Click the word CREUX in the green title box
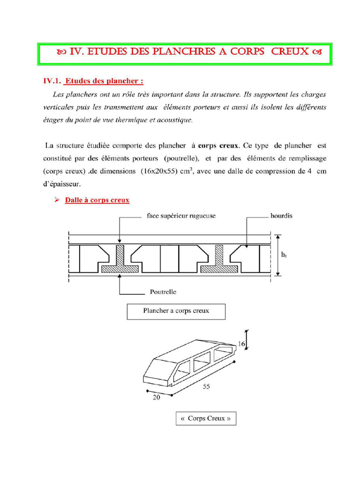(x=289, y=52)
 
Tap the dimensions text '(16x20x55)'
(x=157, y=172)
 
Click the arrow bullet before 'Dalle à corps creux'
(x=56, y=200)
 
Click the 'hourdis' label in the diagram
(x=281, y=217)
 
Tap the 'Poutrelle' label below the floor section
(x=163, y=292)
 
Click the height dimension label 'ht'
(x=284, y=255)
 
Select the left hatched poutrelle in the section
(x=120, y=260)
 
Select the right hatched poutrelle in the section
(x=218, y=260)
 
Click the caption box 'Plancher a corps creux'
(x=176, y=311)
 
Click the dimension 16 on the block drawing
(x=241, y=344)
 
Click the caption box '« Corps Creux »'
(x=206, y=418)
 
